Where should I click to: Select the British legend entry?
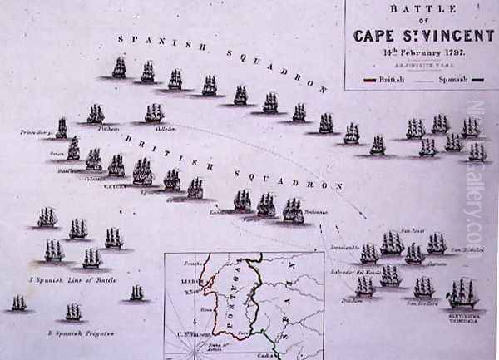383,81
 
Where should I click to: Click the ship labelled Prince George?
61,127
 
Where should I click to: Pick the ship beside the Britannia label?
292,210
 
